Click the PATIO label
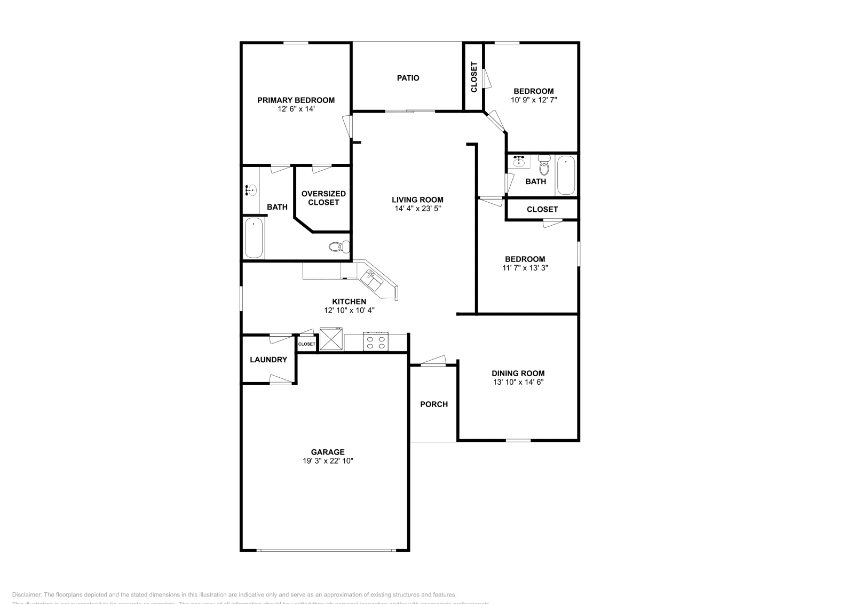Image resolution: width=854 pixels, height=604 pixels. [x=408, y=78]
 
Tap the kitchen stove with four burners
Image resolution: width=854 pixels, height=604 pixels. [x=375, y=341]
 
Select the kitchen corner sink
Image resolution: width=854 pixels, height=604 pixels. [x=370, y=278]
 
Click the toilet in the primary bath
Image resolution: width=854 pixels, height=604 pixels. [x=338, y=247]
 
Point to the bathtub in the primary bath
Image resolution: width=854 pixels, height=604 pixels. [x=254, y=238]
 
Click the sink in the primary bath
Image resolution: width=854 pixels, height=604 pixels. [x=251, y=189]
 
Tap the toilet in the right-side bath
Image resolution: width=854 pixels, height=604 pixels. [x=544, y=166]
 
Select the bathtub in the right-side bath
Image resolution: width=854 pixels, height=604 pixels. [x=566, y=175]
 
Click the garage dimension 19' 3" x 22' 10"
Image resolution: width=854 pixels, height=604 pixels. [x=328, y=460]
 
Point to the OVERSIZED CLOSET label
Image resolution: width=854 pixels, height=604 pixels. [x=323, y=198]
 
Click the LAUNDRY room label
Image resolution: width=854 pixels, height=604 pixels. [x=268, y=360]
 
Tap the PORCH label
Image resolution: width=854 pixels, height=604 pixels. [x=434, y=404]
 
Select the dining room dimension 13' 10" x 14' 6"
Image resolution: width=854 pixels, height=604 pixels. [x=518, y=382]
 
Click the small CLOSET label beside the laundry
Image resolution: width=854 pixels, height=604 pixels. [x=306, y=344]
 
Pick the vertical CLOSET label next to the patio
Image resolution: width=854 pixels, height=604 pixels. [x=474, y=77]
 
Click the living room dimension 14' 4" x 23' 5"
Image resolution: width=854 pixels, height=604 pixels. [x=417, y=209]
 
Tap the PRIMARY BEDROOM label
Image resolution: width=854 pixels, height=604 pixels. [x=296, y=100]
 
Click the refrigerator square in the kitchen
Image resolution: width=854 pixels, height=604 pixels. [x=330, y=339]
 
